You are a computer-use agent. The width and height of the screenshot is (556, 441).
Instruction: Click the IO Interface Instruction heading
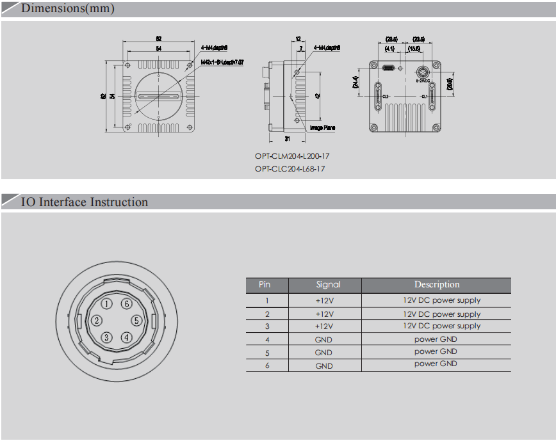click(84, 202)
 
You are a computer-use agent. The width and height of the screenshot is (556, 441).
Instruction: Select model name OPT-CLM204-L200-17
click(292, 156)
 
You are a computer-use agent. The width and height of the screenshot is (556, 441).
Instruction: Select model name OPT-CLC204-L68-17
click(290, 169)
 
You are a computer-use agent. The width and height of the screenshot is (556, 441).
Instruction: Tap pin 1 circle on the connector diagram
click(107, 303)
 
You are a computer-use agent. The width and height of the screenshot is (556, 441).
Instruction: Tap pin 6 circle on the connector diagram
click(127, 303)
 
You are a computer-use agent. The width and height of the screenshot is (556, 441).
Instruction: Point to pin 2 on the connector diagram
click(97, 321)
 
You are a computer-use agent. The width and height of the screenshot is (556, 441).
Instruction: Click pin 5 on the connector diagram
click(136, 321)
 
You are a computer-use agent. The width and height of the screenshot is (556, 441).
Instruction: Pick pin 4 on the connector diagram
click(127, 337)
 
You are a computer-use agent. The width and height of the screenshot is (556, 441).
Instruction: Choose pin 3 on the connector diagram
click(107, 337)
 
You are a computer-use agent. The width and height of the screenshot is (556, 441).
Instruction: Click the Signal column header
click(328, 285)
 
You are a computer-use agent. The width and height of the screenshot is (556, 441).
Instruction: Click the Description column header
click(436, 285)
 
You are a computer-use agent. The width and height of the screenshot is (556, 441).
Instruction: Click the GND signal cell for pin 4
click(323, 340)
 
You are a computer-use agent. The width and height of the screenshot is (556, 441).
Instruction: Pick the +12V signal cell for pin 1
click(325, 301)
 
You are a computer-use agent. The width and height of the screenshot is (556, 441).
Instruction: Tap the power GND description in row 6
click(436, 364)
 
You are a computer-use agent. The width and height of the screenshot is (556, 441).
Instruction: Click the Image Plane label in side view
click(322, 127)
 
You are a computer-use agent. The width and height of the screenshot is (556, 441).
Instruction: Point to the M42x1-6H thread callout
click(222, 62)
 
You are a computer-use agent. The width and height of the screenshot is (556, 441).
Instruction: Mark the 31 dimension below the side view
click(287, 138)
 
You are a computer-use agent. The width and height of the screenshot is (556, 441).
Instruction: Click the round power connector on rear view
click(423, 71)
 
